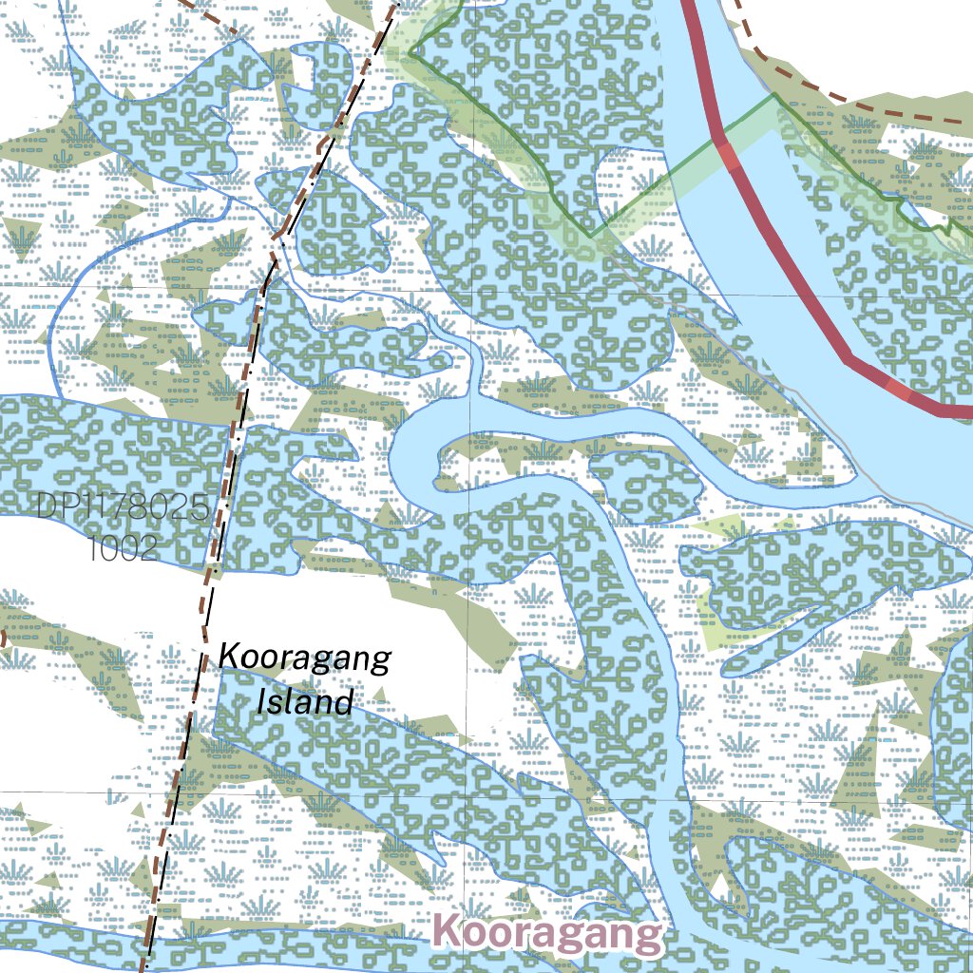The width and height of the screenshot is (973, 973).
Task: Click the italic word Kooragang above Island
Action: pos(304,658)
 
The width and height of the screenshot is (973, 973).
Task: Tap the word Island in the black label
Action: pos(305,702)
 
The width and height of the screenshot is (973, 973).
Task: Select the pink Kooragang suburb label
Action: pos(546,934)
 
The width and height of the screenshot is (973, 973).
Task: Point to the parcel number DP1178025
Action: pos(122,507)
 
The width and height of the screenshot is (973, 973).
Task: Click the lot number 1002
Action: pos(122,548)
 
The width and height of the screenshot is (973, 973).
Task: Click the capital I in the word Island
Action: pos(263,702)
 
